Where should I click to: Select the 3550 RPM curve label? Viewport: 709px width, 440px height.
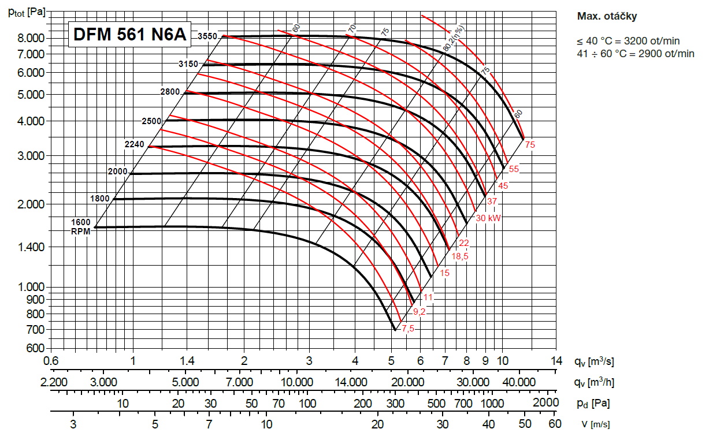(207, 36)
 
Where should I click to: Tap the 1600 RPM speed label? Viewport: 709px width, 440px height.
(81, 222)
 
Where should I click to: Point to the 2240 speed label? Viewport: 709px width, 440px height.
(134, 144)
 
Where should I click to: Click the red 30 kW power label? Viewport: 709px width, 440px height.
(488, 218)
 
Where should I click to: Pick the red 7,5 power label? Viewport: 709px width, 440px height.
(408, 329)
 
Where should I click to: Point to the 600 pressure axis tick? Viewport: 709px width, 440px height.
(36, 348)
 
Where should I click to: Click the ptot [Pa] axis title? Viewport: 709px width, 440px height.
(25, 12)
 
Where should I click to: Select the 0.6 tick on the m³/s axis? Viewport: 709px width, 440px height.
(51, 361)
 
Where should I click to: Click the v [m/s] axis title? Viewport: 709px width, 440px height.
(595, 424)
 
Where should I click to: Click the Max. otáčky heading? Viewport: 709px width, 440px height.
(607, 16)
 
